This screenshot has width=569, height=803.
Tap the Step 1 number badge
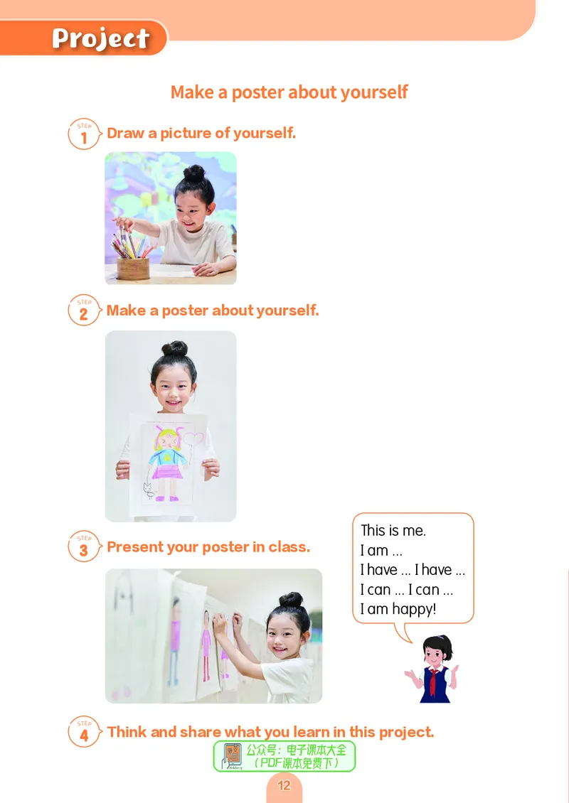pyautogui.click(x=84, y=134)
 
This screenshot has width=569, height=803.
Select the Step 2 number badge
pyautogui.click(x=84, y=311)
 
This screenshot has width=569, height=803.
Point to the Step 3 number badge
pyautogui.click(x=84, y=546)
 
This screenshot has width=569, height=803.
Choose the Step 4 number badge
pyautogui.click(x=84, y=732)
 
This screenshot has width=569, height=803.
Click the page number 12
pyautogui.click(x=284, y=785)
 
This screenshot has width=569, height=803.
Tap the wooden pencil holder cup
pyautogui.click(x=133, y=269)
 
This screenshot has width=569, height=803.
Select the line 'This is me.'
pyautogui.click(x=393, y=531)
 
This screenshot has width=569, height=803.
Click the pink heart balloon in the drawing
pyautogui.click(x=193, y=439)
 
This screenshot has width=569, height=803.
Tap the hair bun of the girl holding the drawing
pyautogui.click(x=175, y=349)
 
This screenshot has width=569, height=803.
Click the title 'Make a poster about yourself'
pyautogui.click(x=289, y=92)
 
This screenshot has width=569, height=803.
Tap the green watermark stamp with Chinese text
pyautogui.click(x=284, y=756)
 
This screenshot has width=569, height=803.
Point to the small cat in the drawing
pyautogui.click(x=149, y=490)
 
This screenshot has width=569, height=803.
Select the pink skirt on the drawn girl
pyautogui.click(x=167, y=472)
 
